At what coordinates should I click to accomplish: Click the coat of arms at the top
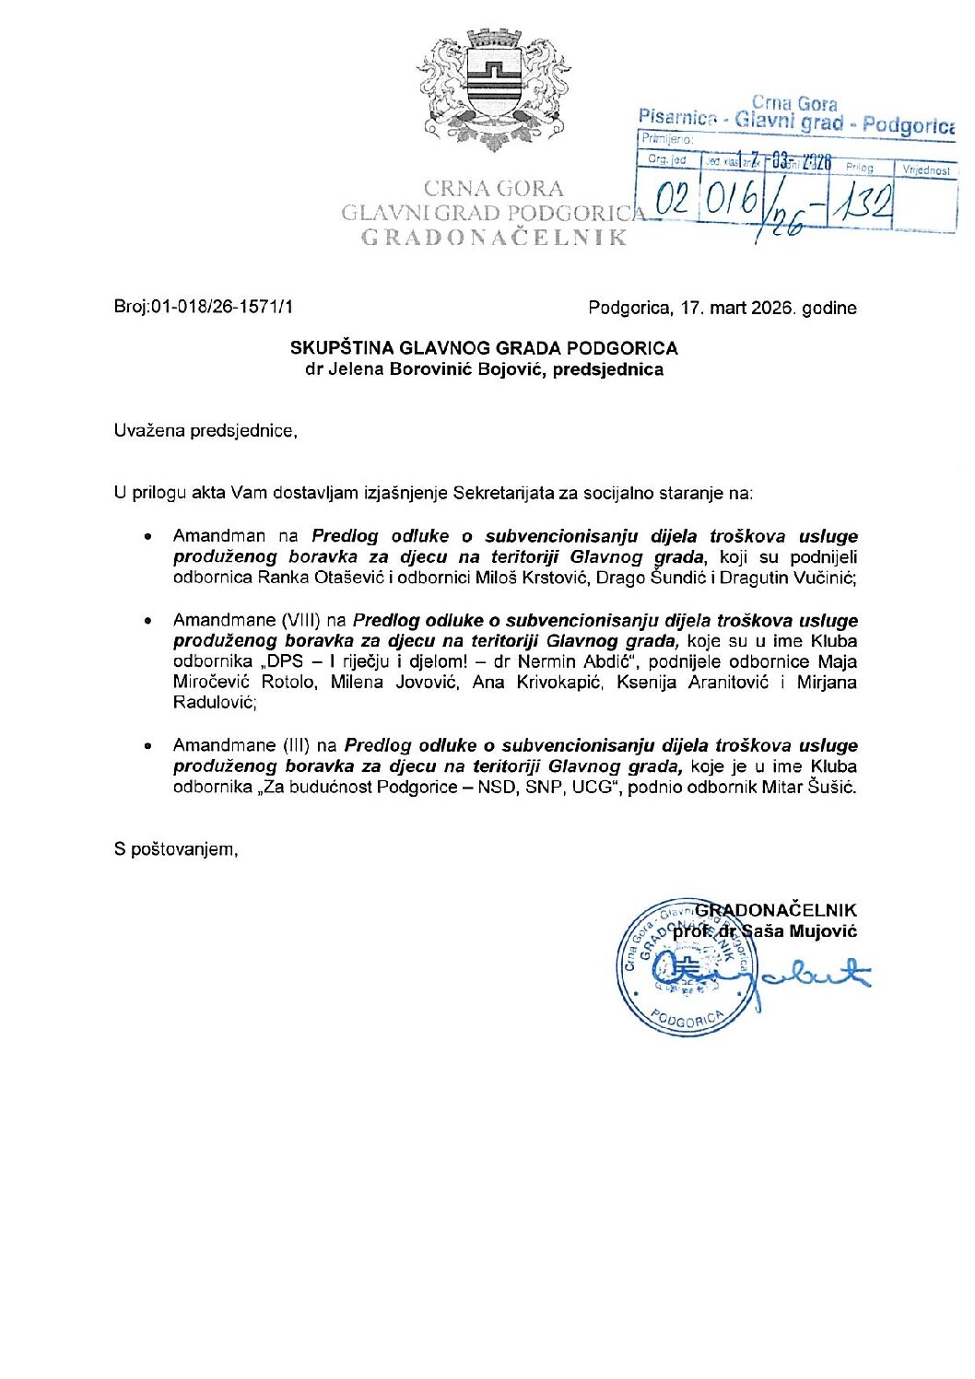(494, 90)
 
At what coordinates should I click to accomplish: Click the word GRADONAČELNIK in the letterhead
(494, 238)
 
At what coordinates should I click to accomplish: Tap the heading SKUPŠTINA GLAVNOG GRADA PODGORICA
(484, 348)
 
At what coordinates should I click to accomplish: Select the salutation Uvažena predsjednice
(206, 430)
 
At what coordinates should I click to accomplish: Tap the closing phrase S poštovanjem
(176, 848)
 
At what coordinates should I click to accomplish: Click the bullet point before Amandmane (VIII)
(147, 621)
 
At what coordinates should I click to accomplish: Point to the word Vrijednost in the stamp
(926, 170)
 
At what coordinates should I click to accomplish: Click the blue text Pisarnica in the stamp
(676, 117)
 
